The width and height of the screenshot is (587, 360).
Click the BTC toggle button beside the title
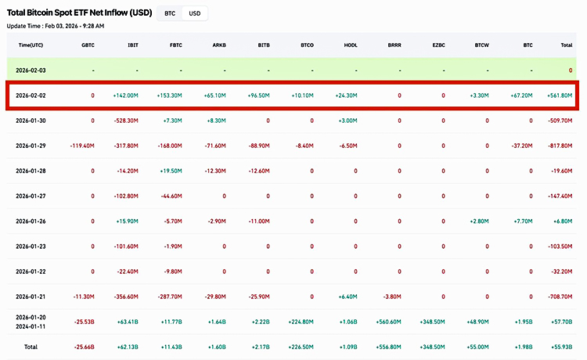pyautogui.click(x=168, y=13)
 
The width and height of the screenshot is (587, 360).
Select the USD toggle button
pyautogui.click(x=195, y=13)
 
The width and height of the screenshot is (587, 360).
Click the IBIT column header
pyautogui.click(x=133, y=45)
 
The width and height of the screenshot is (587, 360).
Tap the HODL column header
pyautogui.click(x=351, y=45)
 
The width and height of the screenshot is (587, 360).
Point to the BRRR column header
pyautogui.click(x=394, y=45)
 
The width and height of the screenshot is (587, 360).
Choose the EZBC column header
pyautogui.click(x=438, y=45)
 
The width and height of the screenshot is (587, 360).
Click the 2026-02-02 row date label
pyautogui.click(x=32, y=95)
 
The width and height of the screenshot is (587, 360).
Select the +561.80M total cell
pyautogui.click(x=560, y=95)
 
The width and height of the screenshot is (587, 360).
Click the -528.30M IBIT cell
pyautogui.click(x=126, y=121)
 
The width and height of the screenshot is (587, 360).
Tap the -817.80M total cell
pyautogui.click(x=559, y=146)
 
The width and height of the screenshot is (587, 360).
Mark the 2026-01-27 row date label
pyautogui.click(x=32, y=196)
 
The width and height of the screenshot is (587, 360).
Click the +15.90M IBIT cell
pyautogui.click(x=128, y=221)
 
